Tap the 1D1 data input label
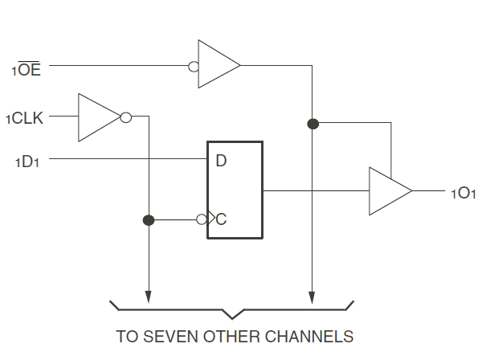point(28,162)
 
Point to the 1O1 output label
point(463,194)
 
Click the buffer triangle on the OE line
point(218,63)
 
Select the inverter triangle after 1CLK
point(98,117)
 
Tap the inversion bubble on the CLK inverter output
point(125,117)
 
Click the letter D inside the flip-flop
point(221,161)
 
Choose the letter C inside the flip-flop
point(221,219)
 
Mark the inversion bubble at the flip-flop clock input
point(202,219)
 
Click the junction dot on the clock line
point(148,219)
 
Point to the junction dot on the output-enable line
point(312,124)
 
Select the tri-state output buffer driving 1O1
point(389,191)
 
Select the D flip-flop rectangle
point(235,190)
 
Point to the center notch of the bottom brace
point(232,314)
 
